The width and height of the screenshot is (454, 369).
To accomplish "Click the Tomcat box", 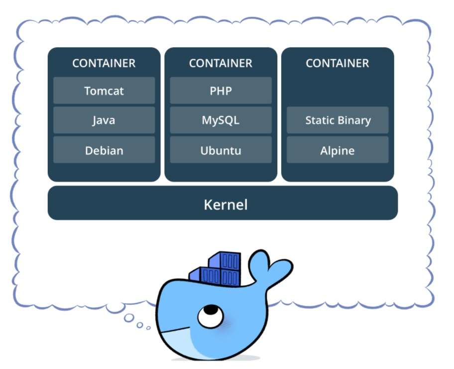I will (104, 91).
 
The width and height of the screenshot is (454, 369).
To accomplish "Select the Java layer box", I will (104, 120).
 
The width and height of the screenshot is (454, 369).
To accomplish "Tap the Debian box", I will (104, 150).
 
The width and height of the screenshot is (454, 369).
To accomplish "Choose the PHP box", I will (221, 91).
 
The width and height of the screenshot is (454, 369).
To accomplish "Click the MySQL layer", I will (221, 120).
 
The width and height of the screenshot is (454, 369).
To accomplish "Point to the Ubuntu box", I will (221, 150).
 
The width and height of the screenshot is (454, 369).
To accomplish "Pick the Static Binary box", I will (338, 120).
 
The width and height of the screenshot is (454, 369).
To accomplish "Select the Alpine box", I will (338, 150).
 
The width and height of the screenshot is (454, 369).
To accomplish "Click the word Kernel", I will (226, 204).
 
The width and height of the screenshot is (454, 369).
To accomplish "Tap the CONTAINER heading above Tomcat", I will (104, 63).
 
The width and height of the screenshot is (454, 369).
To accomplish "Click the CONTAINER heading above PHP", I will (221, 63).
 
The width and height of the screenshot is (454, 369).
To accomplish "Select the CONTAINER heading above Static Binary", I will (338, 63).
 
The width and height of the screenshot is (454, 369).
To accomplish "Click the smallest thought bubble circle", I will (148, 328).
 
